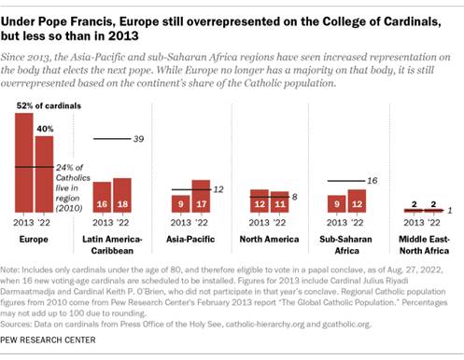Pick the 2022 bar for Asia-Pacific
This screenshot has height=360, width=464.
click(201, 198)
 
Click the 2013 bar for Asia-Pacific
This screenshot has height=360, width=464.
click(179, 206)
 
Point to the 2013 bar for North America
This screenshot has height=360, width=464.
click(257, 203)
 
